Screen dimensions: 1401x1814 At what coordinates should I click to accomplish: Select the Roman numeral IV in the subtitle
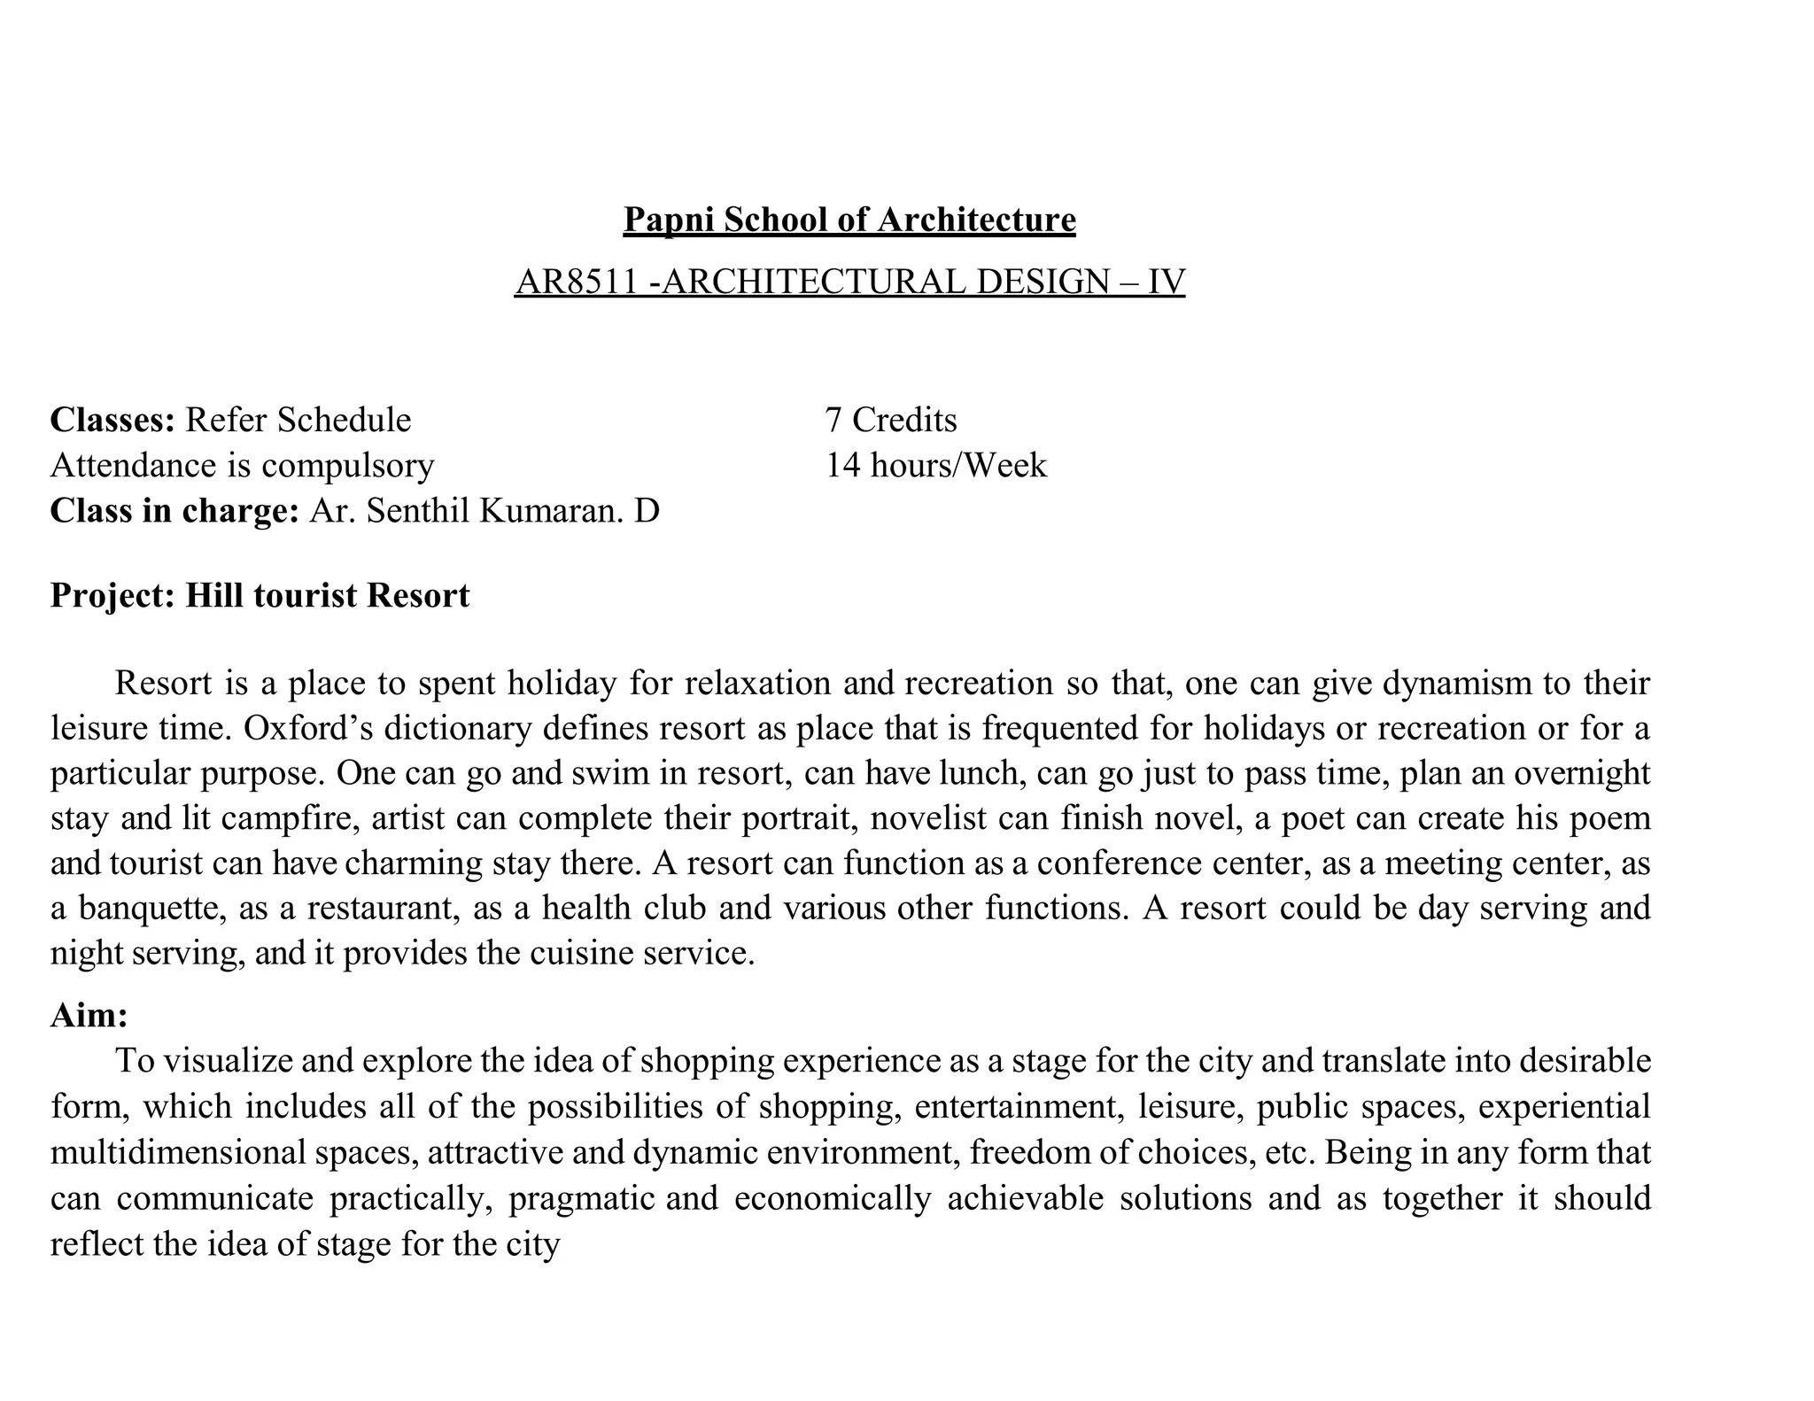(1166, 283)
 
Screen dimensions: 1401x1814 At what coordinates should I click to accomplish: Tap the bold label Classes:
(113, 420)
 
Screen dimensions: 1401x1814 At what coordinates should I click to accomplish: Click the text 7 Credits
(890, 420)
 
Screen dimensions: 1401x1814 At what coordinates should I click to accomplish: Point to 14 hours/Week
(935, 466)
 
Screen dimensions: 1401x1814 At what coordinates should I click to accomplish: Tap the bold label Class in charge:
(174, 512)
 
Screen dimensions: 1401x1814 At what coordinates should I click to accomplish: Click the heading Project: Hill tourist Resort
(260, 596)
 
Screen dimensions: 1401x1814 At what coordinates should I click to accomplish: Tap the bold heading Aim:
(89, 1016)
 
